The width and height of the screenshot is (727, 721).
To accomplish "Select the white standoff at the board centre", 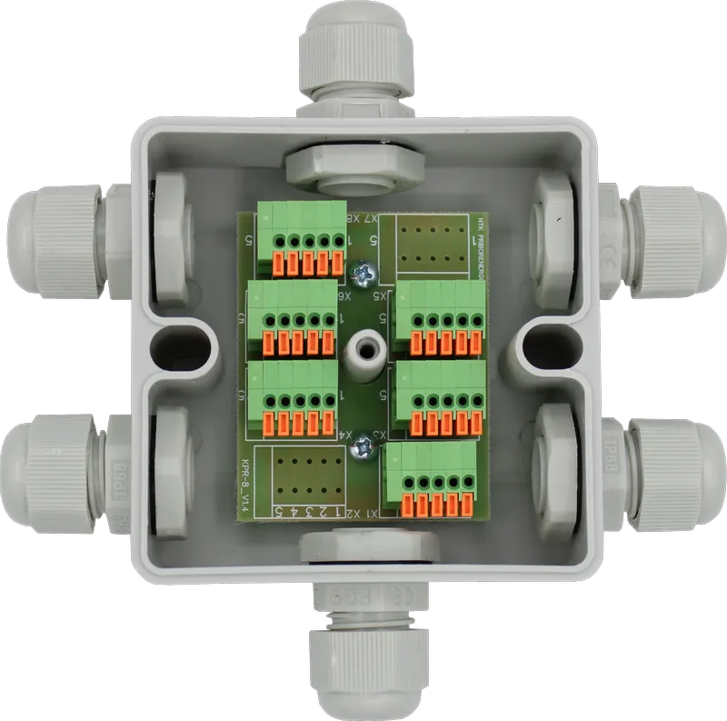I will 367,350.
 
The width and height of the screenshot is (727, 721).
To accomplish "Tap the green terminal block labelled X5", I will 442,318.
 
